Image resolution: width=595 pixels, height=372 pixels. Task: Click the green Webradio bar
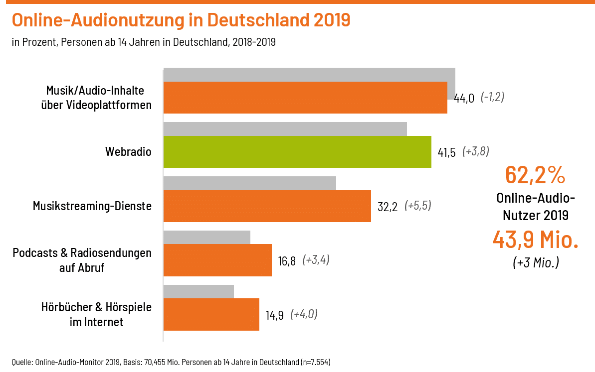(297, 151)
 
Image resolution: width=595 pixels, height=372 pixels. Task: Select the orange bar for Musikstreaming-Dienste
(267, 206)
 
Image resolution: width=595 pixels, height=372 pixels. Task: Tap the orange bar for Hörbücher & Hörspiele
(211, 314)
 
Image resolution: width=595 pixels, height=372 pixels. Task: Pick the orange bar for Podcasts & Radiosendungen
(217, 260)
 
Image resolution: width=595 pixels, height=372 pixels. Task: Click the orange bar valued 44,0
(305, 98)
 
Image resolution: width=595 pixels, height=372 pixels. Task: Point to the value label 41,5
(446, 152)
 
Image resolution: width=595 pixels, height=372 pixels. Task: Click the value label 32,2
(388, 207)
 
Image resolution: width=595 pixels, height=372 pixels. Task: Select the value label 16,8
(287, 261)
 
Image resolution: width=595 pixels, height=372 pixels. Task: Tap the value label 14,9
(274, 315)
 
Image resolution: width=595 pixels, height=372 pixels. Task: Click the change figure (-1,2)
(492, 97)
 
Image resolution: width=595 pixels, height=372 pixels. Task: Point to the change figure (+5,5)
(417, 206)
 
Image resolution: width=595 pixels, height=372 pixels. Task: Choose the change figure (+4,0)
(304, 314)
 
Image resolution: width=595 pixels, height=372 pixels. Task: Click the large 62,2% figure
(535, 175)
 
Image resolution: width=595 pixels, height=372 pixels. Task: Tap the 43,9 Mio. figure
(535, 240)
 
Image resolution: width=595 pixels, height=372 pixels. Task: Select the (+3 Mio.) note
(536, 262)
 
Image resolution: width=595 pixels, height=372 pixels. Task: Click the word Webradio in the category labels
(128, 151)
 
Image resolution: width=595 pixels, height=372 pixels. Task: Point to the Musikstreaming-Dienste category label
(92, 206)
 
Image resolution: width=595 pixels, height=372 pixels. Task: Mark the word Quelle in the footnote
(21, 362)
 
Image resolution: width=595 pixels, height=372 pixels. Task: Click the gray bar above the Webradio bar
(285, 128)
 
